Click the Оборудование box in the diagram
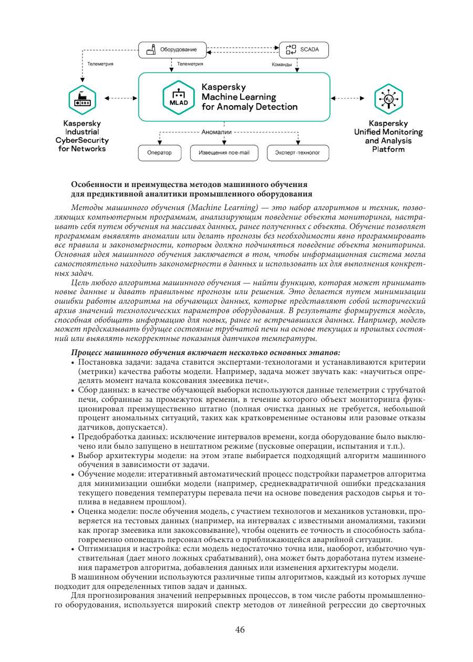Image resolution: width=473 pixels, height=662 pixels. coord(171,50)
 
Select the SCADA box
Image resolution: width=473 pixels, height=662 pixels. coord(303,50)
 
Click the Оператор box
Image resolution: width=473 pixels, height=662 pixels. coord(159,153)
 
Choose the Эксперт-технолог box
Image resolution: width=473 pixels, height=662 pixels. coord(298,153)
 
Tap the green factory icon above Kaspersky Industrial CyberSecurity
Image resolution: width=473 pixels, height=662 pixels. coord(82,98)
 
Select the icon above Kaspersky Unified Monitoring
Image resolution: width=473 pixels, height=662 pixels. coord(388,98)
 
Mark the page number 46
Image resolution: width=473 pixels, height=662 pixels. coord(240,630)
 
